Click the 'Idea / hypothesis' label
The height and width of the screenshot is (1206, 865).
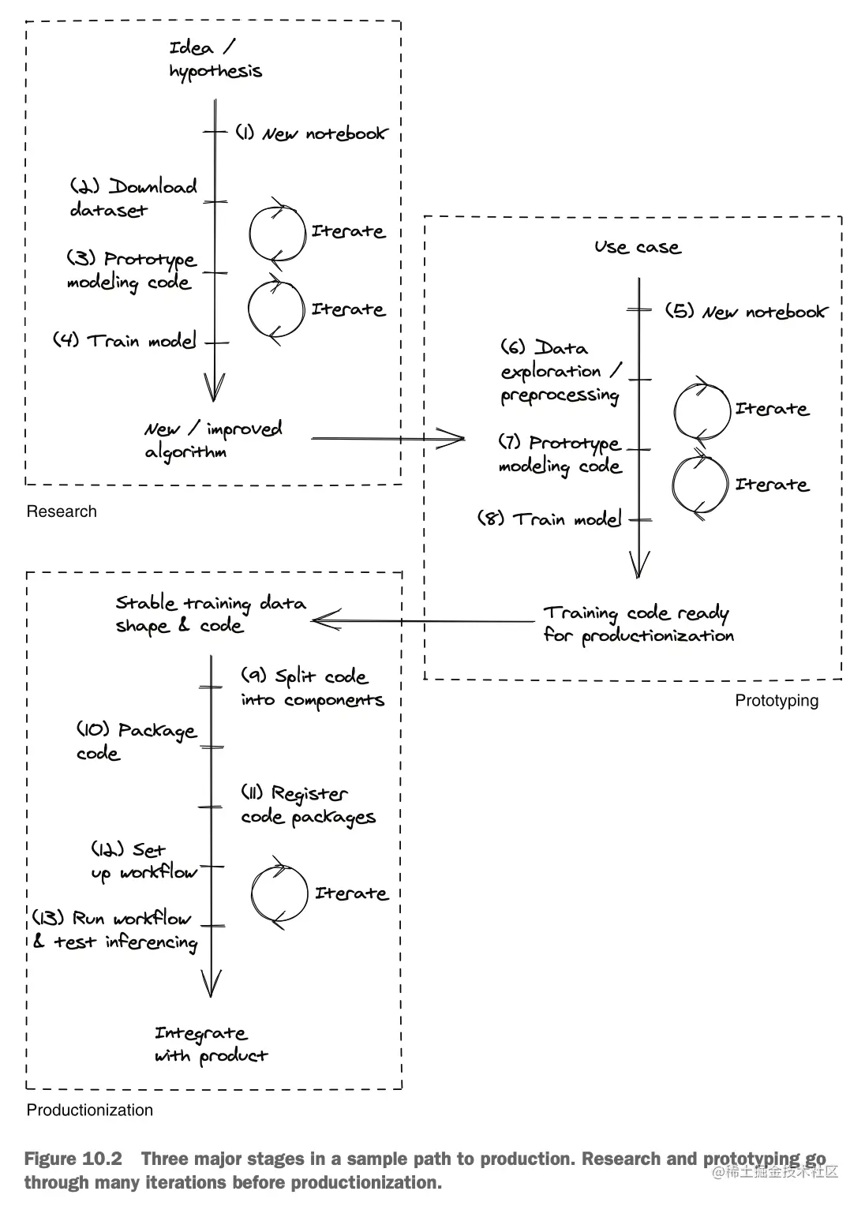(215, 60)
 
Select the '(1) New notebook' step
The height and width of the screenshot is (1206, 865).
(312, 133)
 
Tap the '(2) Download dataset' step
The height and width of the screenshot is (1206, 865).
(133, 198)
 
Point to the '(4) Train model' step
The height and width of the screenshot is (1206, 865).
(125, 341)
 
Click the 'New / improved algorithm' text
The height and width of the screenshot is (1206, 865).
(212, 440)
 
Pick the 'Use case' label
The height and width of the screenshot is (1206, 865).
(637, 247)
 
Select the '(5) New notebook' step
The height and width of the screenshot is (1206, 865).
(745, 312)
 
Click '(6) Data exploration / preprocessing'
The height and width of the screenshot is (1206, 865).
(561, 372)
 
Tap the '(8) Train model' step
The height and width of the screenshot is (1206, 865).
(549, 519)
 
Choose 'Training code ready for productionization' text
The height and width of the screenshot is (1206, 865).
(638, 624)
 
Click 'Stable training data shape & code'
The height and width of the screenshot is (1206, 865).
(210, 614)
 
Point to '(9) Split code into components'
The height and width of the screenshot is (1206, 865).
(313, 688)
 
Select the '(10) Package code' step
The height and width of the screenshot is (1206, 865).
(136, 741)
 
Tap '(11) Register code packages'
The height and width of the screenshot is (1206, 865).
(308, 805)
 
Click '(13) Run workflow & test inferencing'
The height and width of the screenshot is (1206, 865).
(115, 930)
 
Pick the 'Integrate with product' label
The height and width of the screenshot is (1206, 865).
(211, 1044)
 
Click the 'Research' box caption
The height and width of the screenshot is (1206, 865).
(62, 511)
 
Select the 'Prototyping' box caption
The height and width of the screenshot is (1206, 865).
(777, 701)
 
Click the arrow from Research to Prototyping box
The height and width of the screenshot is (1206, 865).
(387, 438)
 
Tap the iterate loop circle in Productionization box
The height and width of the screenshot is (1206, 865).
(279, 893)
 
